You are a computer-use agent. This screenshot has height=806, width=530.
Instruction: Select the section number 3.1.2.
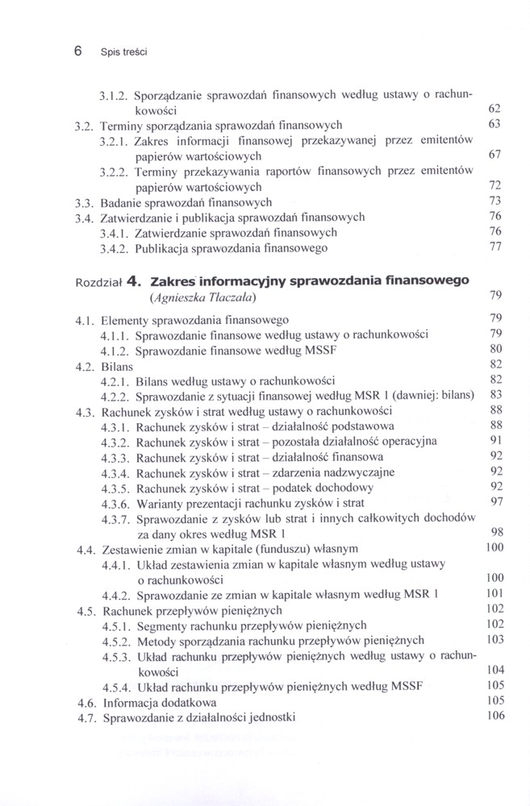coord(115,94)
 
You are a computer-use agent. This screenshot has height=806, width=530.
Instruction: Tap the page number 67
coord(495,153)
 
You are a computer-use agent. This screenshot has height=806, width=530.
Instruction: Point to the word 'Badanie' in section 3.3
coord(124,202)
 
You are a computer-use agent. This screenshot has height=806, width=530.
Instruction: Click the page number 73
coord(495,200)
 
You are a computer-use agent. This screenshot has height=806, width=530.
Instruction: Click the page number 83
coord(495,394)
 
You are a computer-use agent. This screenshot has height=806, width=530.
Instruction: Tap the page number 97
coord(495,501)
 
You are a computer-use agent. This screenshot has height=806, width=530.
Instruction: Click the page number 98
coord(495,532)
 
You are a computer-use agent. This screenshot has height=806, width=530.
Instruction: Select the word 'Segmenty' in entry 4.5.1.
coord(162,625)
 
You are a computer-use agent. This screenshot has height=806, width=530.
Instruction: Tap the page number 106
coord(494,716)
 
